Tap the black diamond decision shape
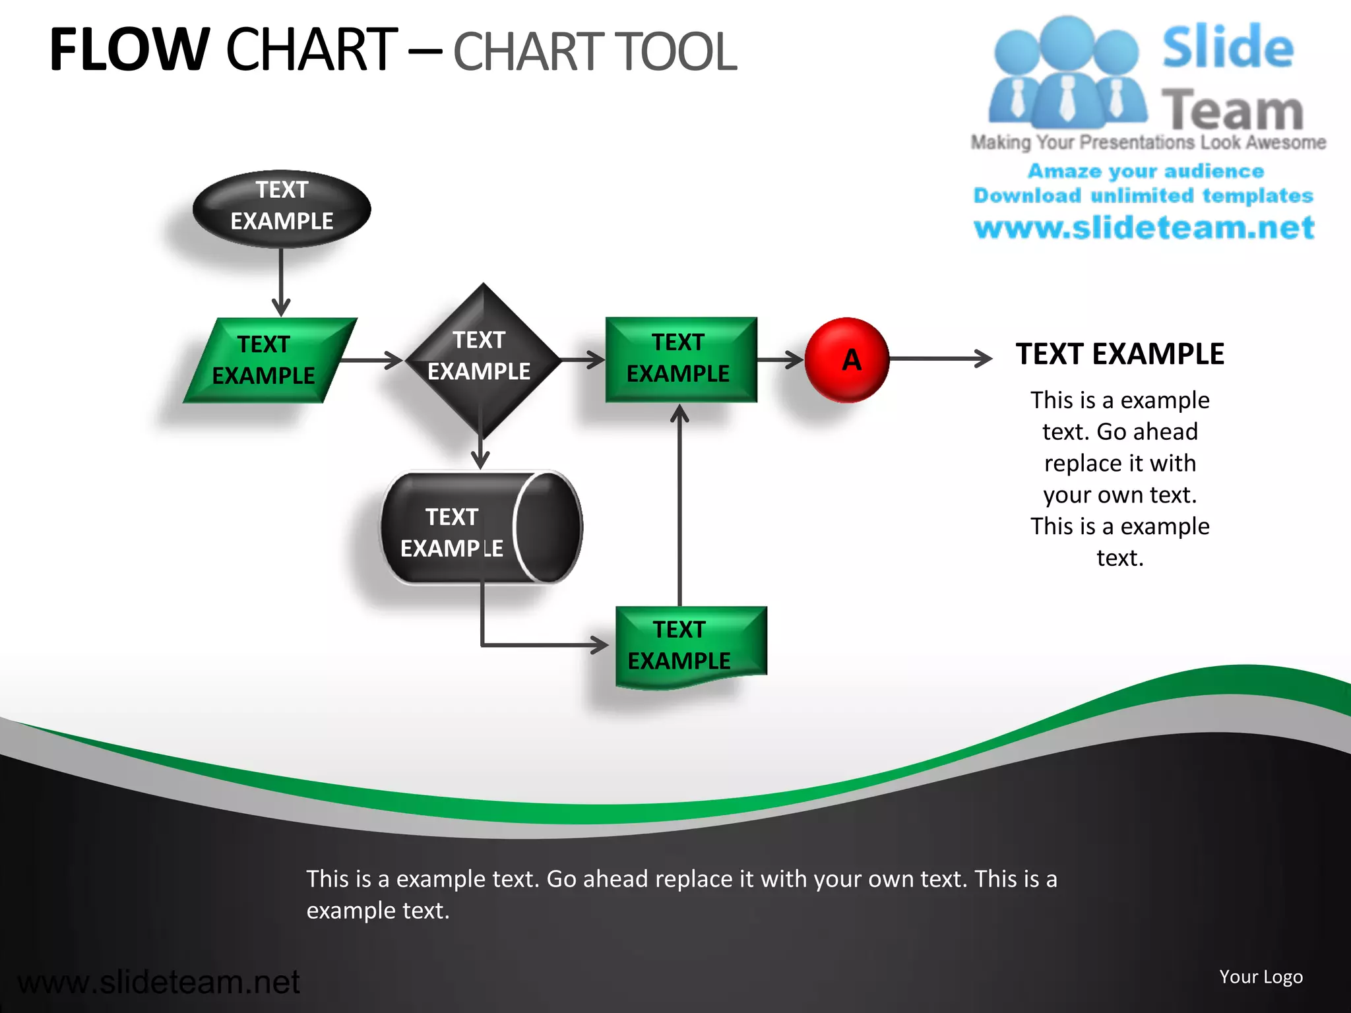pos(482,359)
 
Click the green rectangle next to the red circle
pos(680,359)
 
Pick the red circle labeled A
pos(847,360)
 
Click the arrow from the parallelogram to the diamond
pos(373,360)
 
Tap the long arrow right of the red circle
pos(940,359)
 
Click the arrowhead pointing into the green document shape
pos(599,644)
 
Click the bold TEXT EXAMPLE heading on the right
pos(1119,354)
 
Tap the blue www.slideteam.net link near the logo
pos(1143,228)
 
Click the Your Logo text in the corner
pos(1260,977)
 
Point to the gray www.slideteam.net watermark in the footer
pos(158,982)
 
